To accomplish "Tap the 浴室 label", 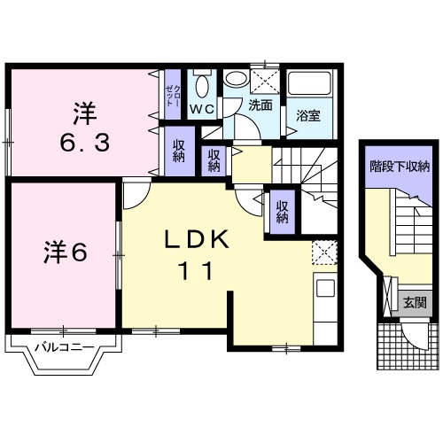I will coord(308,115).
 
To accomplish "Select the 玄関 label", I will coord(415,302).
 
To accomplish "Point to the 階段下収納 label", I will coord(400,166).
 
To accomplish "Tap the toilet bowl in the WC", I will coord(202,86).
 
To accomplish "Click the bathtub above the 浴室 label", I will coord(310,85).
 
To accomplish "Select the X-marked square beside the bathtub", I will coord(263,80).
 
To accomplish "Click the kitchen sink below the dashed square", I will coord(325,289).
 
